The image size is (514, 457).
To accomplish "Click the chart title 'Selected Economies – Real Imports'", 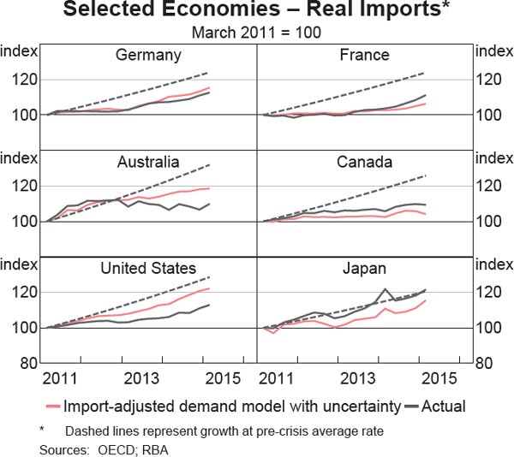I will pos(257,12).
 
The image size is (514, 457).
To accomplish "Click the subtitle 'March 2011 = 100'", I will pos(257,33).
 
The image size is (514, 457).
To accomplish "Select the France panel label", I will pos(364,56).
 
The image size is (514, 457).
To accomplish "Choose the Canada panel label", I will pos(364,162).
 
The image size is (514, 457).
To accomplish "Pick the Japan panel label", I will pos(364,268).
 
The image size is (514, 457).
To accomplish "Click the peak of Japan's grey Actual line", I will pos(386,289).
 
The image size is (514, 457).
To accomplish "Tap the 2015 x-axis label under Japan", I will pos(441,378).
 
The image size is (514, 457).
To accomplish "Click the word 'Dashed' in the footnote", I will pos(84,431).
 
